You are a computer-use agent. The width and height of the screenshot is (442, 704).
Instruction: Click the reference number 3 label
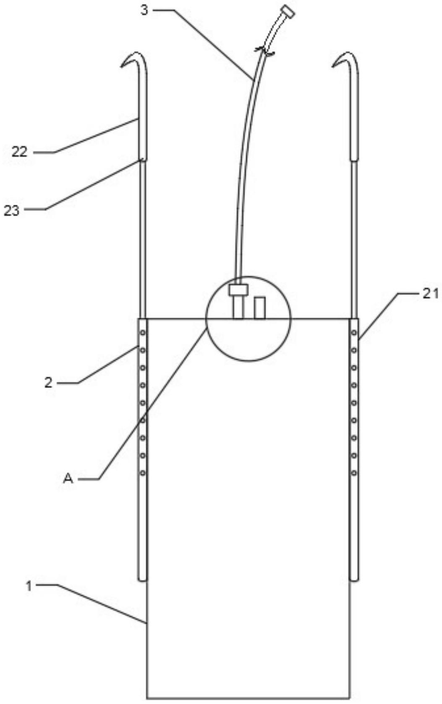pyautogui.click(x=144, y=10)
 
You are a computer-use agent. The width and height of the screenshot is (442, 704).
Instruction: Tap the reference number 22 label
pyautogui.click(x=19, y=151)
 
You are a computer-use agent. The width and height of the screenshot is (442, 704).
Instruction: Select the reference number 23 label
pyautogui.click(x=12, y=210)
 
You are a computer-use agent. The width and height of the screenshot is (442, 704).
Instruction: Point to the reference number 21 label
pyautogui.click(x=430, y=294)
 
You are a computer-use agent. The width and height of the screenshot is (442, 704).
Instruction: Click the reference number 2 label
pyautogui.click(x=49, y=383)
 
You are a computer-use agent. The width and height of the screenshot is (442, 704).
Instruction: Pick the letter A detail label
pyautogui.click(x=68, y=478)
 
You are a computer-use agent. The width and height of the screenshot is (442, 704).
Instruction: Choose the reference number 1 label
pyautogui.click(x=29, y=586)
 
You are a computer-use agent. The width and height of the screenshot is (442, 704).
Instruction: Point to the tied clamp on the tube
pyautogui.click(x=264, y=51)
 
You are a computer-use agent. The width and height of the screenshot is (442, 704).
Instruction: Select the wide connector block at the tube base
pyautogui.click(x=238, y=289)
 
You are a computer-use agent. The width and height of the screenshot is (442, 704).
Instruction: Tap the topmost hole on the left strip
pyautogui.click(x=143, y=332)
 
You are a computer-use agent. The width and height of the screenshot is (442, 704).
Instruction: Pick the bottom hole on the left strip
pyautogui.click(x=143, y=473)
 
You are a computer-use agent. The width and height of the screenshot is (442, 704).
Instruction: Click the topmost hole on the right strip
pyautogui.click(x=354, y=332)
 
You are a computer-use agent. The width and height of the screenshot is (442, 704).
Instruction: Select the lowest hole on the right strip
pyautogui.click(x=354, y=473)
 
